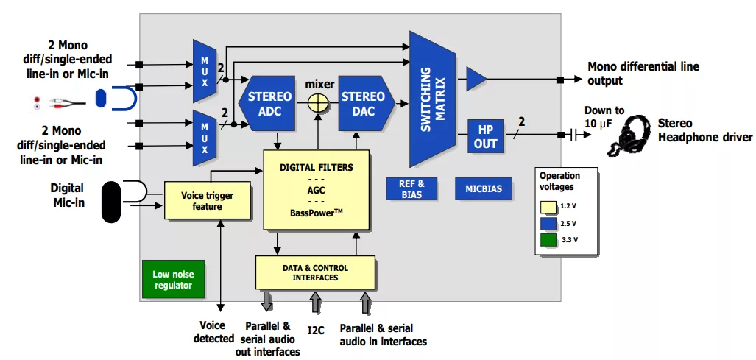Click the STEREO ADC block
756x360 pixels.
[269, 104]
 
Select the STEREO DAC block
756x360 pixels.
[363, 104]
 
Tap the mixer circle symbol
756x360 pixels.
[317, 104]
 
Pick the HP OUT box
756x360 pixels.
[485, 136]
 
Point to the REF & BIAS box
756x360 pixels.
[411, 188]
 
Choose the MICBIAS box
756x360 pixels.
[484, 189]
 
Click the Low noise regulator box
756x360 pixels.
[173, 280]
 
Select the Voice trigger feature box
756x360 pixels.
[202, 201]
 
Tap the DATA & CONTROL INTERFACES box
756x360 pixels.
[315, 272]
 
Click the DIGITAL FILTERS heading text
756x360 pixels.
[316, 167]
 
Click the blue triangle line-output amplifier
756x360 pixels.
[476, 79]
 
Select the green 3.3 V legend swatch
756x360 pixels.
[548, 239]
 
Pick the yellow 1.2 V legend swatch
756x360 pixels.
[548, 205]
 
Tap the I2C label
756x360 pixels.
[316, 330]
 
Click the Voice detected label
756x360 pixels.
[214, 332]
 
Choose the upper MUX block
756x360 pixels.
[205, 71]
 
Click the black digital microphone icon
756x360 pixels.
[110, 201]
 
